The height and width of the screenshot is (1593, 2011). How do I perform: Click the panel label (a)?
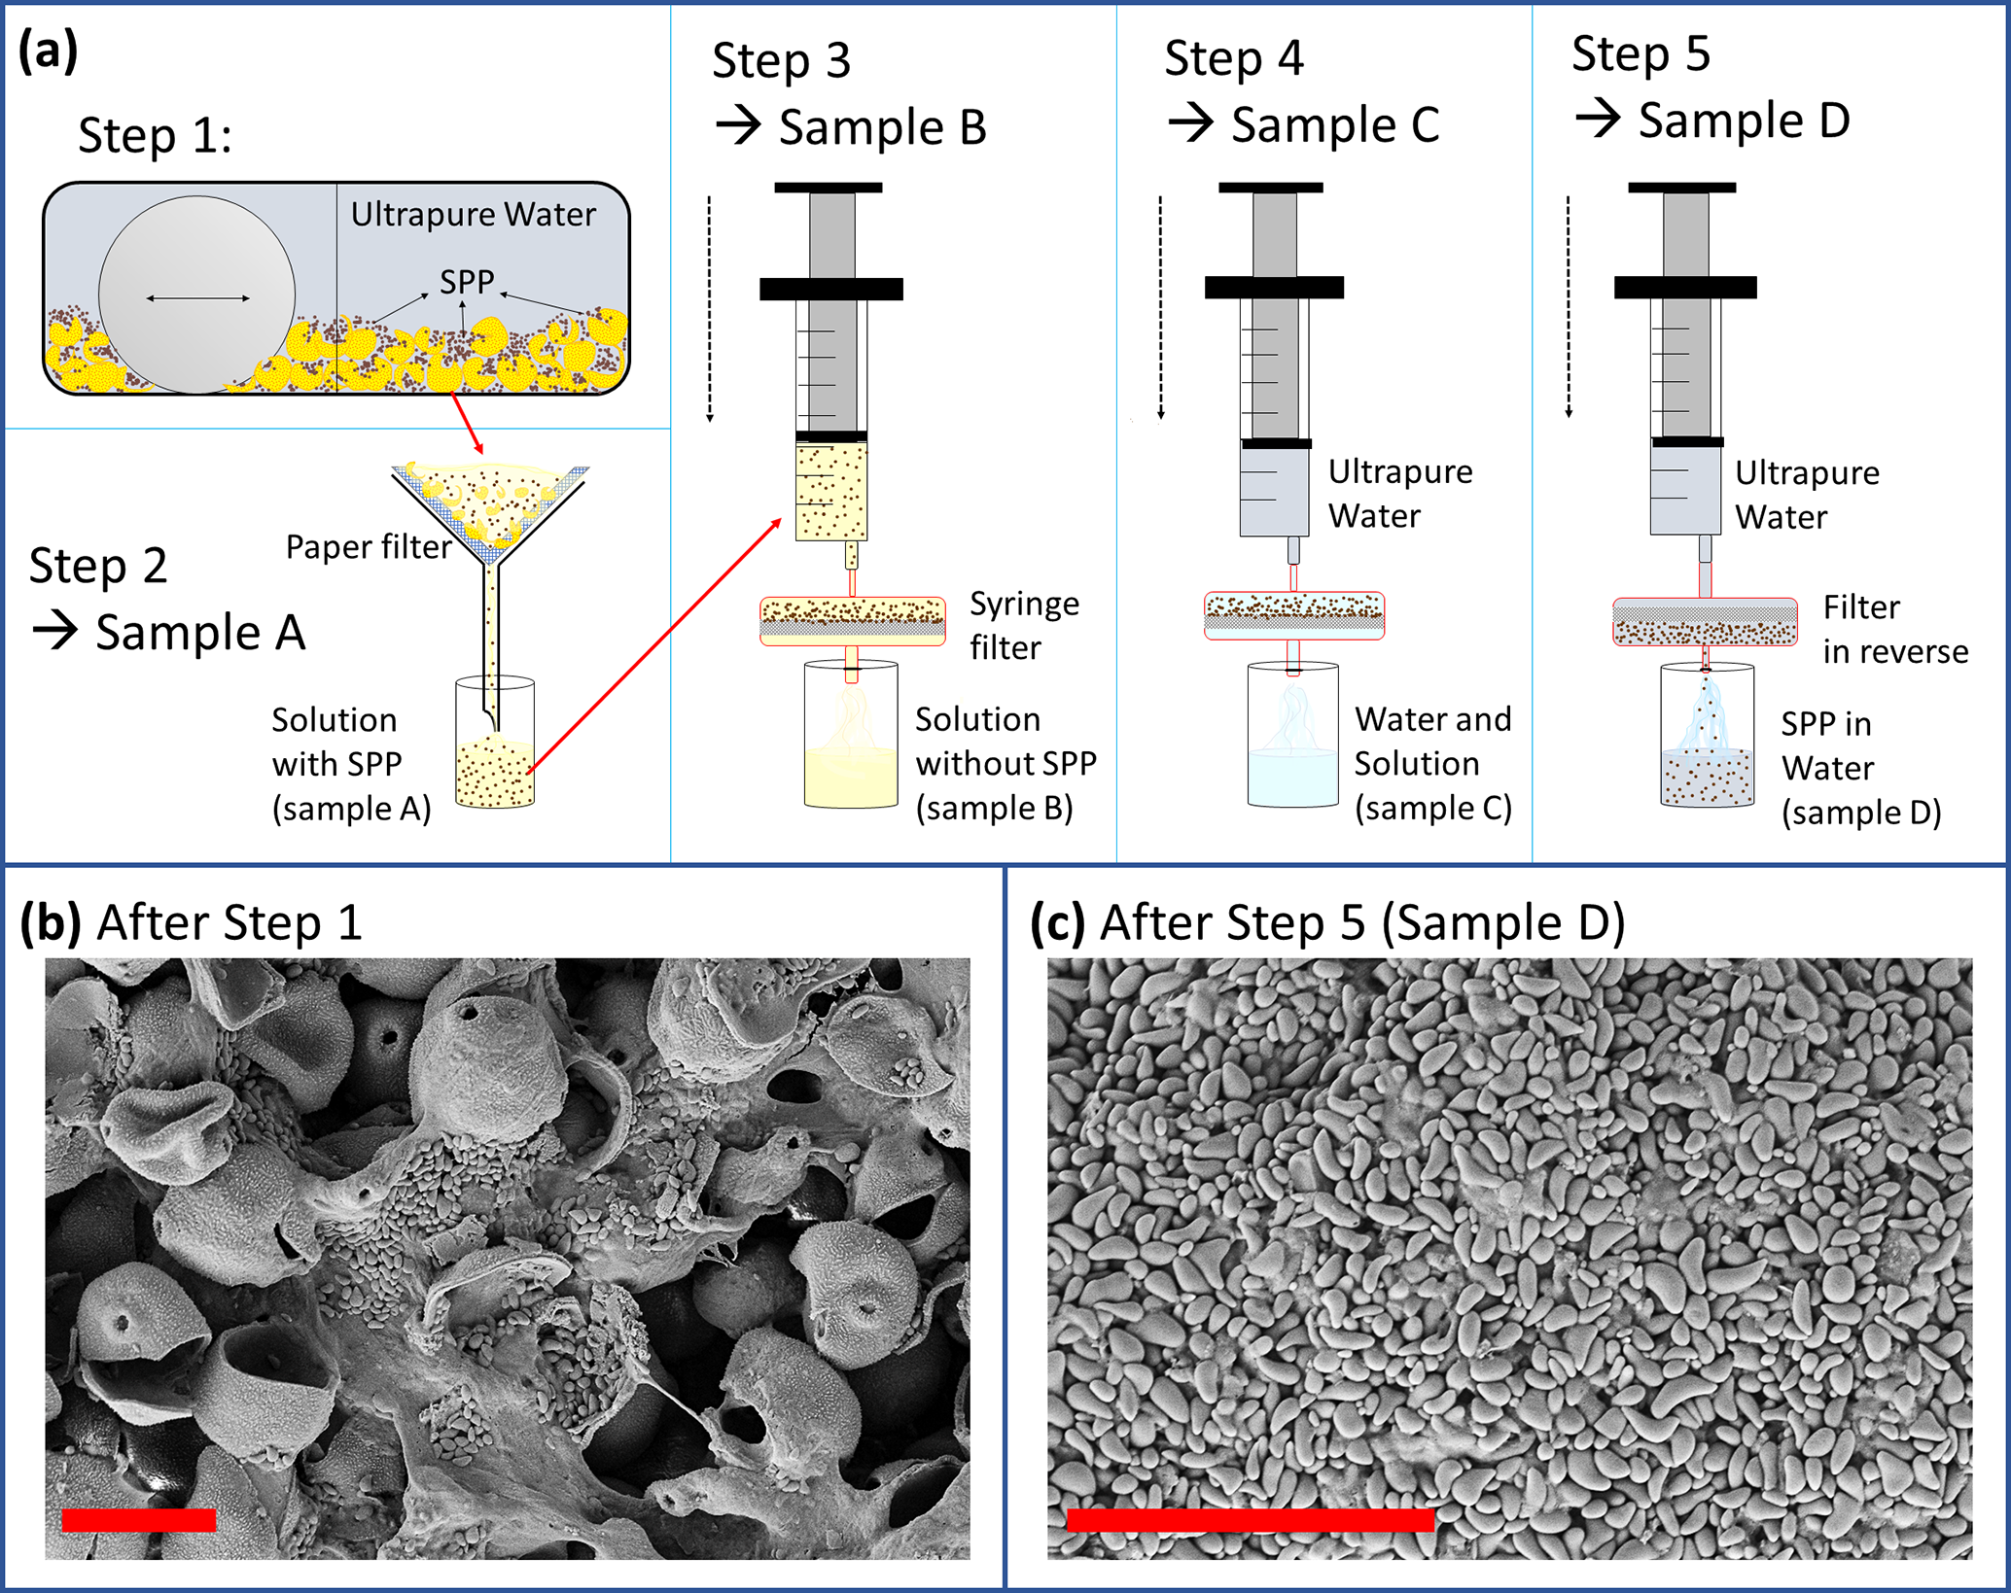[x=48, y=51]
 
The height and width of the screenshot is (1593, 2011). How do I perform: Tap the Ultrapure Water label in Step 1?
[x=473, y=214]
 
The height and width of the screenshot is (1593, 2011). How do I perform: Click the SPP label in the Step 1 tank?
[x=467, y=282]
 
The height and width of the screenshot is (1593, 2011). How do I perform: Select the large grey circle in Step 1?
[x=197, y=294]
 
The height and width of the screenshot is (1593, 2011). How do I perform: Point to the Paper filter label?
[x=369, y=547]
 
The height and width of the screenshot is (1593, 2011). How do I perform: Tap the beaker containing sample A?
[x=495, y=744]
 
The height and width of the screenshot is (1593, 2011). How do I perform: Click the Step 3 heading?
[x=781, y=60]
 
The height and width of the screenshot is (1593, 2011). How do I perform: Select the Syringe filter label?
[x=1024, y=625]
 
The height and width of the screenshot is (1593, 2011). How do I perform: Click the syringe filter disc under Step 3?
[x=852, y=621]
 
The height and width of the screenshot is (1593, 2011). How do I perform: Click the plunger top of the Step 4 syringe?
[x=1270, y=188]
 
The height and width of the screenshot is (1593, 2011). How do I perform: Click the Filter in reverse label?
[x=1894, y=629]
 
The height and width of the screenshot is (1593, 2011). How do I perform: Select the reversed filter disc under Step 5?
[x=1705, y=622]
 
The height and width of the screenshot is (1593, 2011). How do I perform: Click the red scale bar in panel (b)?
[x=139, y=1519]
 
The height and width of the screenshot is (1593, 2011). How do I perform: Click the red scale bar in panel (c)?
[x=1251, y=1519]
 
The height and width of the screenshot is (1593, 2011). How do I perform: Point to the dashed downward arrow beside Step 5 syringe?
[x=1569, y=307]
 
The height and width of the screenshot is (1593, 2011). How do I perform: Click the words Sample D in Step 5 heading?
[x=1744, y=121]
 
